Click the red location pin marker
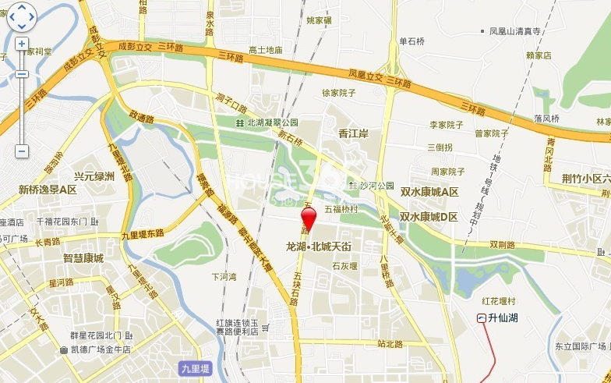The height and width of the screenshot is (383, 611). pos(308,216)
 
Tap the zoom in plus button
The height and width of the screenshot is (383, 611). pos(22,44)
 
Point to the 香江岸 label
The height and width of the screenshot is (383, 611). pos(353,134)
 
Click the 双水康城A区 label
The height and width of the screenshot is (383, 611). pos(429,192)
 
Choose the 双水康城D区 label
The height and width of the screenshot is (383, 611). pos(429,216)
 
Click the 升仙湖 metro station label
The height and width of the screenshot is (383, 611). pos(503,317)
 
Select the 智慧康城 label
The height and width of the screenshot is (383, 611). pos(83,257)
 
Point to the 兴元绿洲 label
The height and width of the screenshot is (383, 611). pos(94,176)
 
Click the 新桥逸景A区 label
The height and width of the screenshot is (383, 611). pos(48,190)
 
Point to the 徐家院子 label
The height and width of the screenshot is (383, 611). pos(338,93)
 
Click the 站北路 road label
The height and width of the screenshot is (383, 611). pos(390,342)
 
